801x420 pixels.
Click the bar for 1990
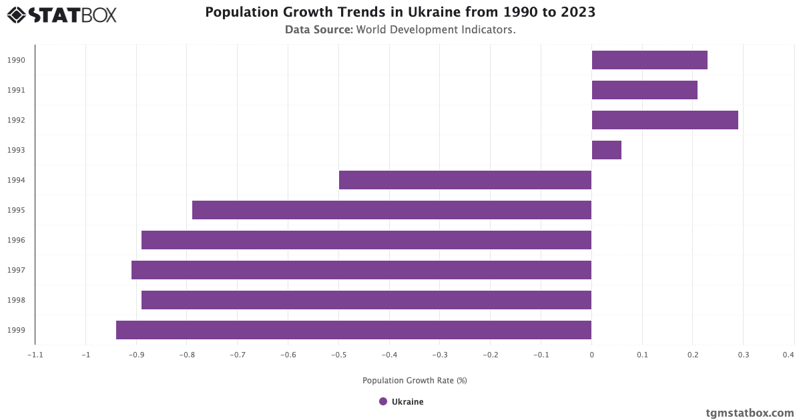pos(649,60)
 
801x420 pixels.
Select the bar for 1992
pos(665,120)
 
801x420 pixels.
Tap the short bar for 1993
pos(606,150)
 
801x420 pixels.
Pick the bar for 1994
pos(465,180)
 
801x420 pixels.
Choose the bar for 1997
pos(361,270)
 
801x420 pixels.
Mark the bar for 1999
pos(354,330)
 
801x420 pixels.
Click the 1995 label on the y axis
pos(17,210)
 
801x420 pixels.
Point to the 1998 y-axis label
pos(17,300)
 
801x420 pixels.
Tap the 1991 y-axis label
pos(17,90)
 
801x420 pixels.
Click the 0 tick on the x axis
pos(591,355)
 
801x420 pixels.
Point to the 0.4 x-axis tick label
pos(789,355)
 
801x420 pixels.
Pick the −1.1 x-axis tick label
pos(35,355)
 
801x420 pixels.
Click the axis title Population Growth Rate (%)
pos(415,381)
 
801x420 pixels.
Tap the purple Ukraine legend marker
pos(383,401)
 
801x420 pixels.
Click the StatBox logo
pos(61,14)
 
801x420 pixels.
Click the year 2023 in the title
pos(577,12)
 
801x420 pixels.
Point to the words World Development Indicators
pos(436,29)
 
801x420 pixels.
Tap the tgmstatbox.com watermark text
pos(750,413)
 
